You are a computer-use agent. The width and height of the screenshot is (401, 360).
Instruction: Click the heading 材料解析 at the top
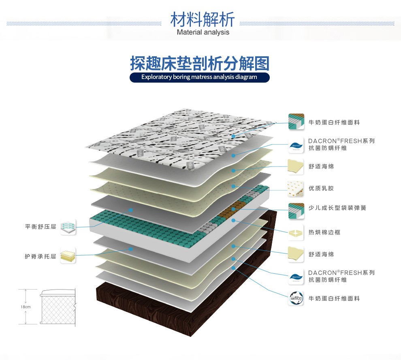tap(203, 19)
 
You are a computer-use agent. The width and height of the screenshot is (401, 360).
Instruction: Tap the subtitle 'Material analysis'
tap(203, 32)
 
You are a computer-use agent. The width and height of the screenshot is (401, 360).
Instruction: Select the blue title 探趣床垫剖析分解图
tap(200, 63)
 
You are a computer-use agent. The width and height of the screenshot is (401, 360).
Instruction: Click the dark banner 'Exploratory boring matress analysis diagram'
tap(199, 77)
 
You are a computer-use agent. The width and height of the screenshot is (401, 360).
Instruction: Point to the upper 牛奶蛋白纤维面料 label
tap(334, 122)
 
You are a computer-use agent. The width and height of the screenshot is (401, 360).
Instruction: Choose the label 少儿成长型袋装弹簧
tap(337, 208)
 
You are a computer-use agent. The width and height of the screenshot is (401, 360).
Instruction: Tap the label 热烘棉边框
tap(324, 232)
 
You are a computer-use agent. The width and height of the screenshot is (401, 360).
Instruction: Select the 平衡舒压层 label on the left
tap(41, 227)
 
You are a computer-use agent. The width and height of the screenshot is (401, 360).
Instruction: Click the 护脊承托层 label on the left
tap(41, 256)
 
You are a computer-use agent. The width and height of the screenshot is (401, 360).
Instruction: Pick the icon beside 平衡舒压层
tap(68, 227)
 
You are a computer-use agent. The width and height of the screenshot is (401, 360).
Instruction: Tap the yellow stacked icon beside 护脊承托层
tap(68, 256)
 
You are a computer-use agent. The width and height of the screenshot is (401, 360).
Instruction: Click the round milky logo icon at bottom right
tap(296, 298)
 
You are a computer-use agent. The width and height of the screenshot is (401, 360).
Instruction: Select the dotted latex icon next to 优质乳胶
tap(296, 189)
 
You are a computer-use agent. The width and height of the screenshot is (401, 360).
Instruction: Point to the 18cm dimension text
tap(26, 307)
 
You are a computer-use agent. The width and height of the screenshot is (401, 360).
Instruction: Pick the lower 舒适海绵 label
tap(321, 254)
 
